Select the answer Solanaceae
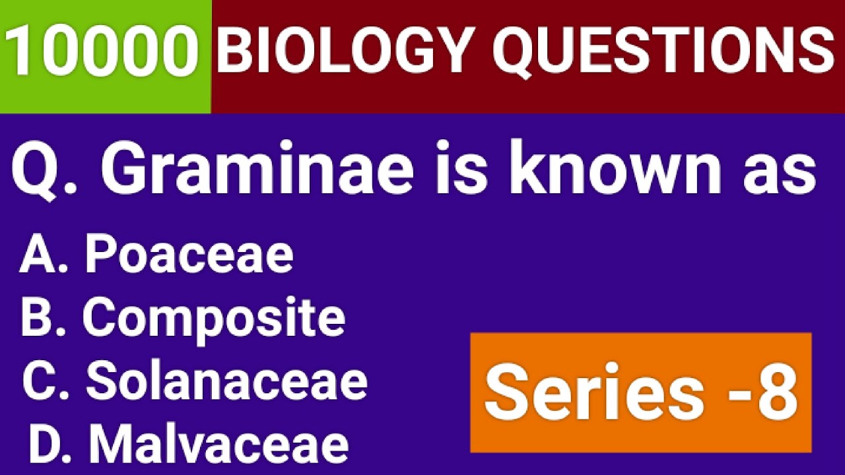point(226,381)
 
